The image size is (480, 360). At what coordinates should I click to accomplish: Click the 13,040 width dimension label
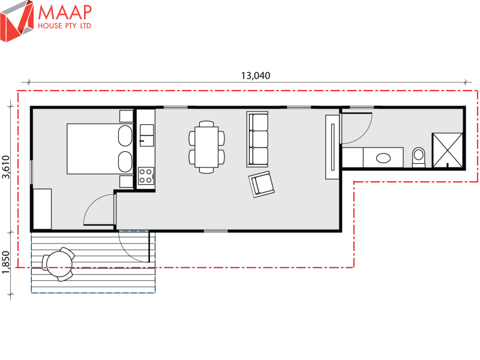coord(256,76)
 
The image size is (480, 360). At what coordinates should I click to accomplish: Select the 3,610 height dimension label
coord(6,167)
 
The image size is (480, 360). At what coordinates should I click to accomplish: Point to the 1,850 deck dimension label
coord(6,262)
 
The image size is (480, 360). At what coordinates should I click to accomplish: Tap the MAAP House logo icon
coord(17,21)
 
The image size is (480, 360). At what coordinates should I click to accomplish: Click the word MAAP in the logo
coord(65,12)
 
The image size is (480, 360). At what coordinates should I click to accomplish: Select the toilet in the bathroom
coord(419,157)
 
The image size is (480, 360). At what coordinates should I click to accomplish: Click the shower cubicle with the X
coord(447,151)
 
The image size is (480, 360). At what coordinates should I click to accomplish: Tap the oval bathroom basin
coord(383,158)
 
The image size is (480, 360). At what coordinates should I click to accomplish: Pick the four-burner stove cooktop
coord(145,176)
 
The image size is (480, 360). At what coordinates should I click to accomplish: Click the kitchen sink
coord(146,135)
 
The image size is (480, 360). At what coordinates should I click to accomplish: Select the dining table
coord(206,147)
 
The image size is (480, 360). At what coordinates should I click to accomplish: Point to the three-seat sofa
coord(257,139)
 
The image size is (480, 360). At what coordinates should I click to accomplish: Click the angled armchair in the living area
coord(262,184)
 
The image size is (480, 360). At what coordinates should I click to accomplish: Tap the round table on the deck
coord(58,263)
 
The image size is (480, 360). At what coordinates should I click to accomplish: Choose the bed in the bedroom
coord(100,149)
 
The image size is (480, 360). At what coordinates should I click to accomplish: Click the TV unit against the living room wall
coord(332,147)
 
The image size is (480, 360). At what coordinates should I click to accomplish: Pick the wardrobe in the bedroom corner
coord(42,209)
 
